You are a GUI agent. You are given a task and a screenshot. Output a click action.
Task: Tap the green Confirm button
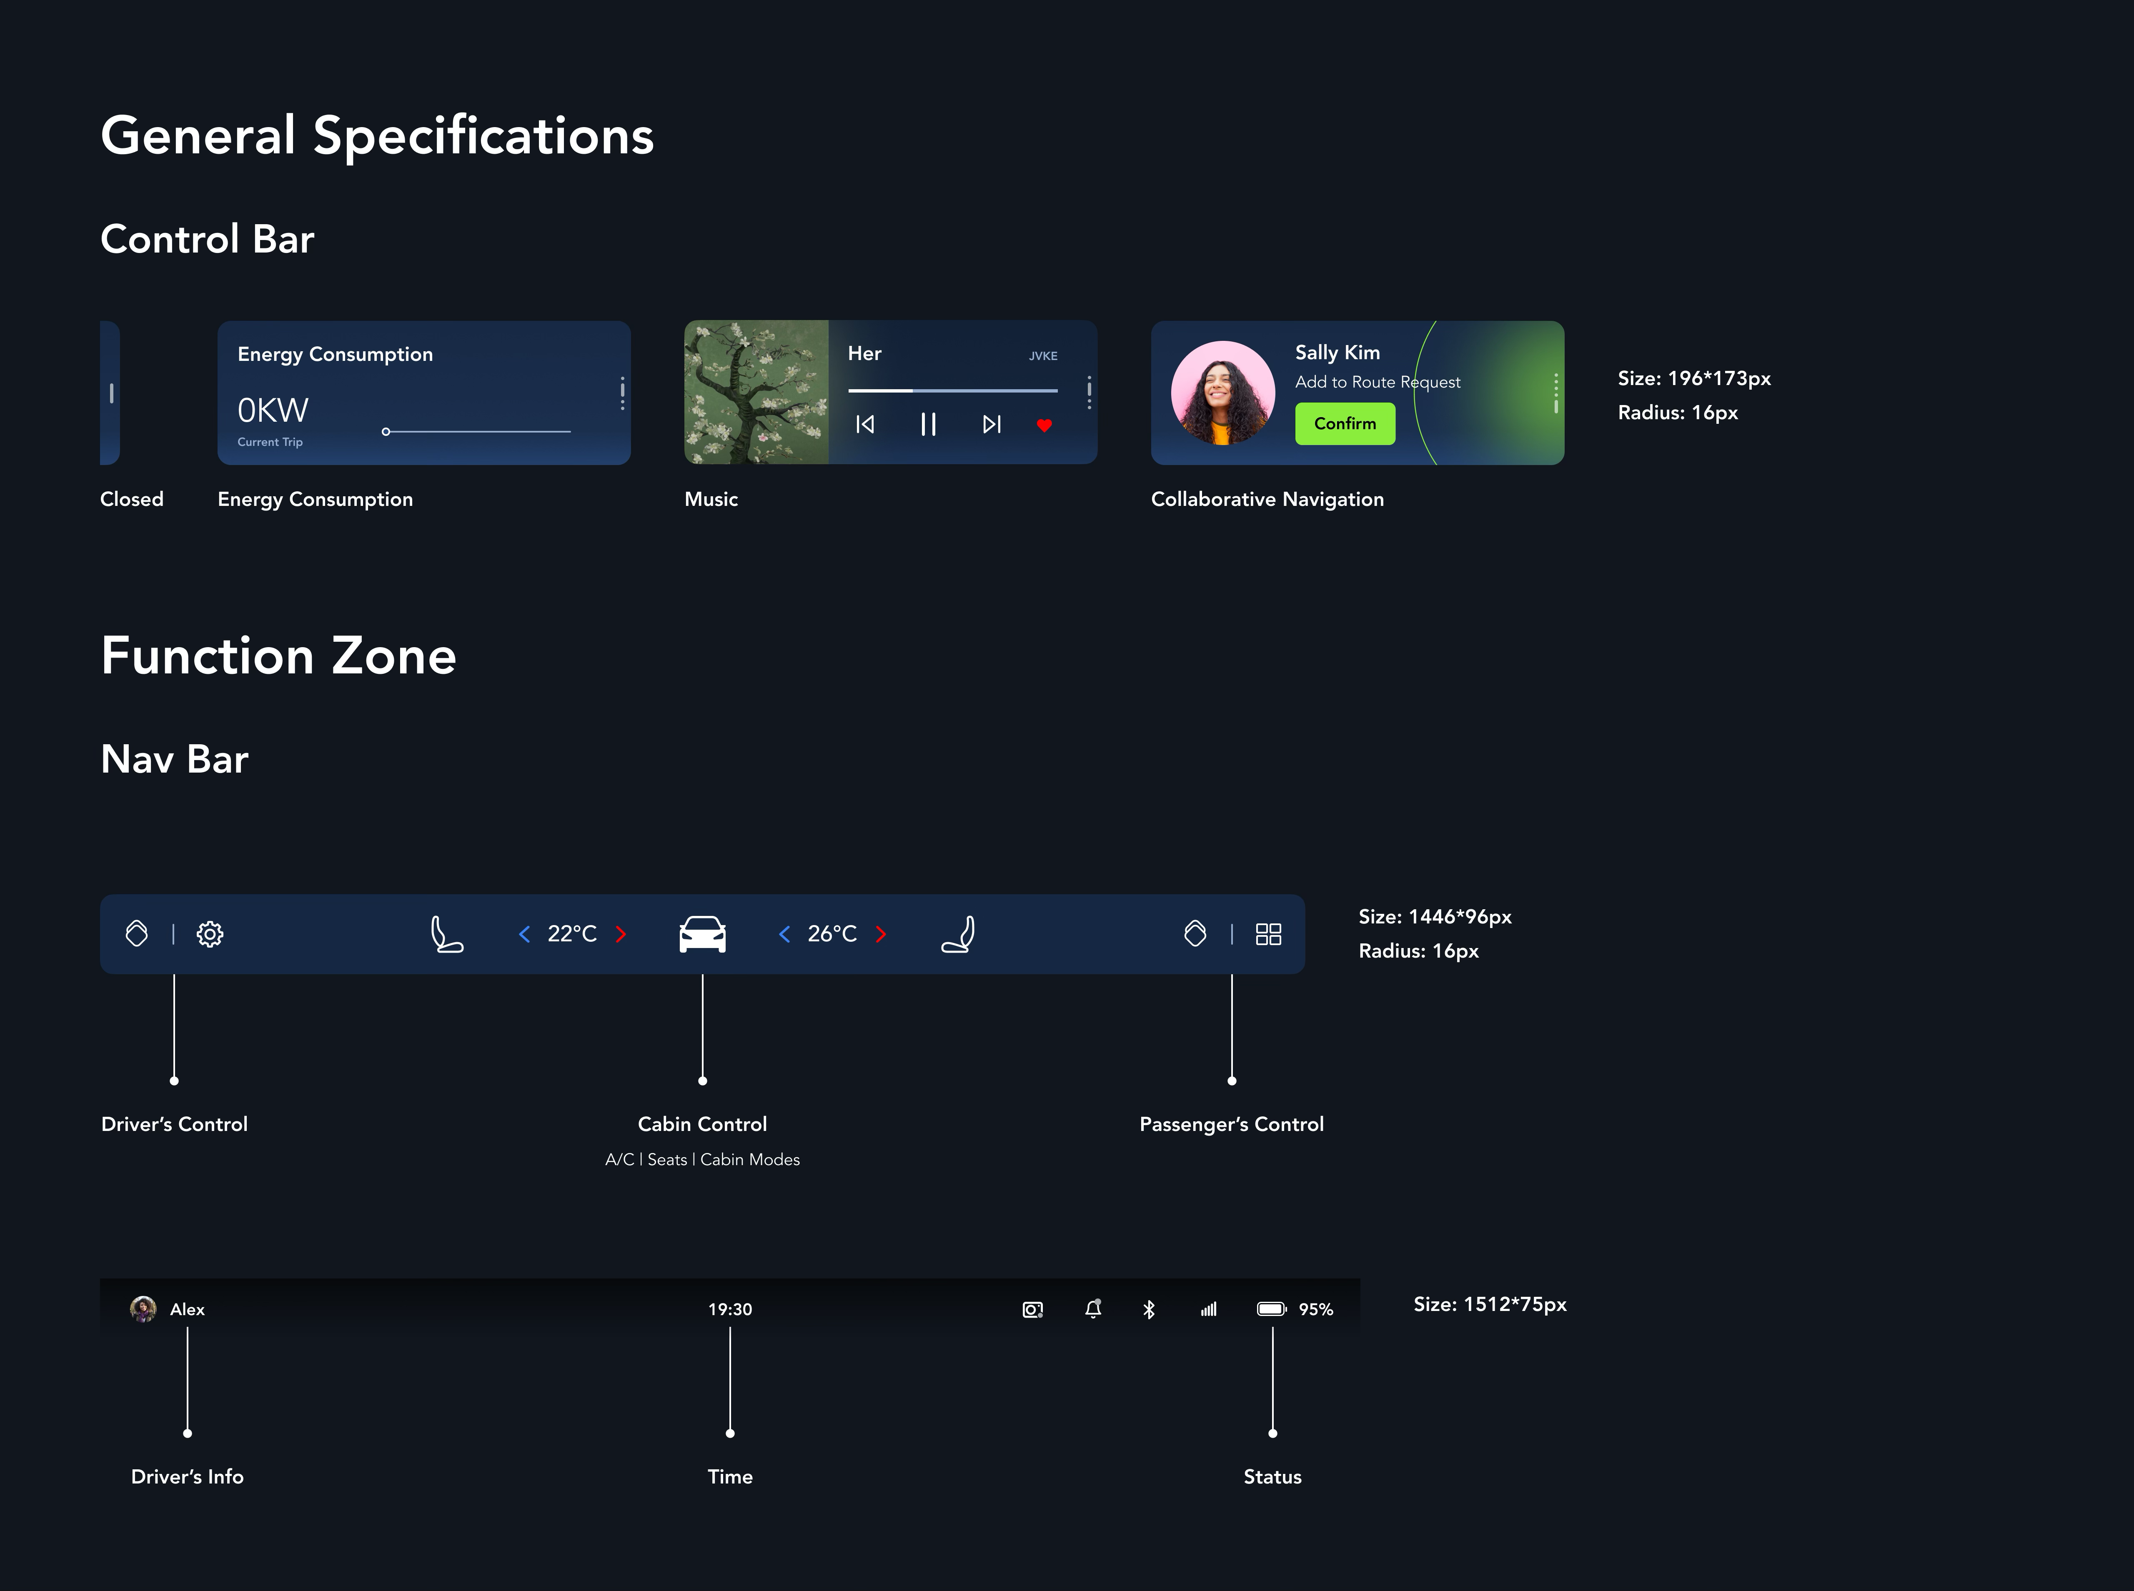coord(1344,424)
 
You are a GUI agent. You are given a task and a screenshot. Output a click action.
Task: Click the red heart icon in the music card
coord(1044,425)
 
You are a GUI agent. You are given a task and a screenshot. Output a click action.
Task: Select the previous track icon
coord(865,425)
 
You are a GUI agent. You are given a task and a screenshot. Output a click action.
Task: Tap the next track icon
coord(991,425)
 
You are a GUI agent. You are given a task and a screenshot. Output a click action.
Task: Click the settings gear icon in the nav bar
coord(210,934)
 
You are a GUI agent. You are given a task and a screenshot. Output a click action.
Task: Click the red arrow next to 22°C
coord(621,934)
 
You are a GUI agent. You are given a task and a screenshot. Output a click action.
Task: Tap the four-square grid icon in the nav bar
coord(1268,934)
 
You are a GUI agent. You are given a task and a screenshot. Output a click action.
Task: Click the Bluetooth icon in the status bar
coord(1149,1310)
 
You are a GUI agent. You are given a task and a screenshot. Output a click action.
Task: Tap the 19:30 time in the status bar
coord(730,1310)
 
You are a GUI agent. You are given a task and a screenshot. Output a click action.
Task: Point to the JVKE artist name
coord(1043,356)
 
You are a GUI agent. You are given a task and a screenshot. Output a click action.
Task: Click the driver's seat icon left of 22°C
coord(446,934)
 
